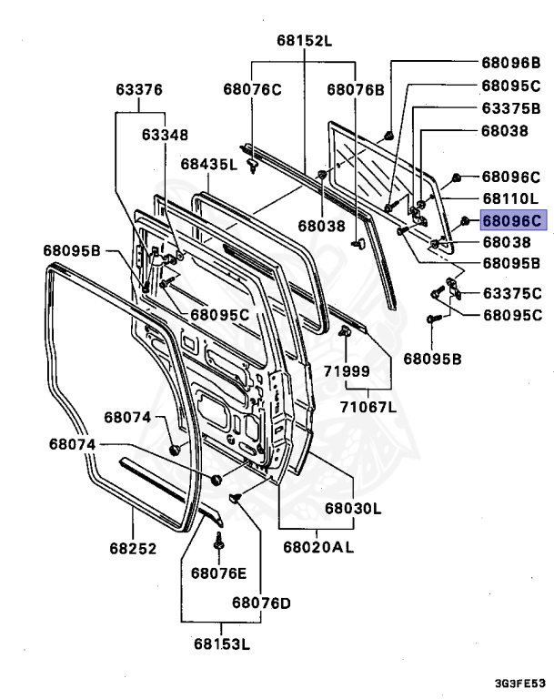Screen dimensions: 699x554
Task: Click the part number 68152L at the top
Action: click(x=305, y=40)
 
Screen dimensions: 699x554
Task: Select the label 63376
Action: click(x=139, y=90)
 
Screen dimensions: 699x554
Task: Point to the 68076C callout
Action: click(x=252, y=88)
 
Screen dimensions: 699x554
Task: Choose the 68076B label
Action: click(x=356, y=88)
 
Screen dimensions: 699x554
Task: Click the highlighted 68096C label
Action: click(x=511, y=220)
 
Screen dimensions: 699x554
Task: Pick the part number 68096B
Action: click(x=511, y=63)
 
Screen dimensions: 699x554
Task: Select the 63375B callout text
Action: click(x=511, y=108)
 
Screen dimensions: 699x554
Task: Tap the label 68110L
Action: click(x=510, y=198)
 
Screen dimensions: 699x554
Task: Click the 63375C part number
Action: click(x=511, y=292)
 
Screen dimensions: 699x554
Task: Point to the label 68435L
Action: click(x=207, y=165)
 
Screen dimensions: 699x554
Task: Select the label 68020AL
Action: click(x=317, y=547)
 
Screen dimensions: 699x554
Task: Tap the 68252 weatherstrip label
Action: click(x=134, y=549)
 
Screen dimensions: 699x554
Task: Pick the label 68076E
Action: click(x=218, y=572)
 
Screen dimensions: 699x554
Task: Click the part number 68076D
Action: click(x=261, y=603)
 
